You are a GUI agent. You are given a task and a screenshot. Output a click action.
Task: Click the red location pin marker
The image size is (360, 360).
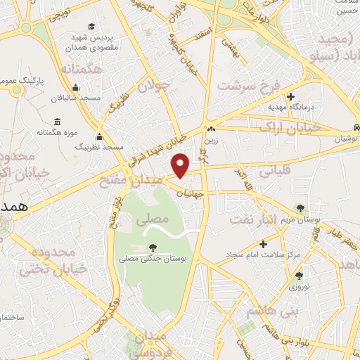point(181,165)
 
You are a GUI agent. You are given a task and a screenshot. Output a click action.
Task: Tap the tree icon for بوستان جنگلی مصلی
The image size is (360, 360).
point(153,247)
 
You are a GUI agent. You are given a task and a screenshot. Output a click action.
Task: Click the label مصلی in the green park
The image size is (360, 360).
point(156,219)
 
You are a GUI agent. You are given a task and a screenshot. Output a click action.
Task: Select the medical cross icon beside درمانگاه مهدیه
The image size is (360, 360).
point(290,97)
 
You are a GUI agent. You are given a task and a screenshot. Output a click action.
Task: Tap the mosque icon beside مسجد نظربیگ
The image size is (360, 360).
point(99,137)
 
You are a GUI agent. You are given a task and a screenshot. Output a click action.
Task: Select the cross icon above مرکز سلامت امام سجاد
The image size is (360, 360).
point(264,245)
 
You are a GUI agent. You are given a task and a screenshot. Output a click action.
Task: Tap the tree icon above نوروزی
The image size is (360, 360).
point(299,276)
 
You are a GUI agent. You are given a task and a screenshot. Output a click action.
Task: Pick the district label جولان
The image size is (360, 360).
point(153,87)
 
